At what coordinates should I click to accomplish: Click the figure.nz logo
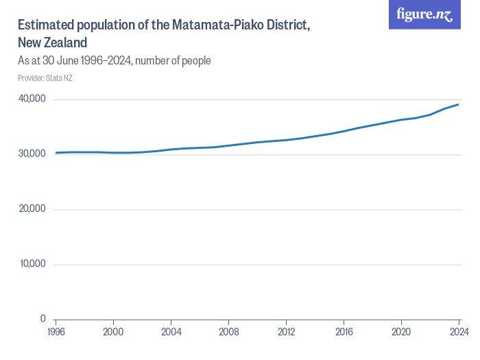pos(425,14)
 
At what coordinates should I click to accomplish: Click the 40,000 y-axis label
pos(32,99)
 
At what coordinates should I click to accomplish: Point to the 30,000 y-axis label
pos(32,154)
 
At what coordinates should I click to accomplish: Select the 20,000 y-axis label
pos(32,209)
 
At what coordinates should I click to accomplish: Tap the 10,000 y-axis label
pos(32,264)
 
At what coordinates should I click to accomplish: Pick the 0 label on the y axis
pos(42,319)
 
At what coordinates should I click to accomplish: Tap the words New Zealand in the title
pos(51,43)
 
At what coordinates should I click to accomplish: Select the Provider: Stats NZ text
pos(45,78)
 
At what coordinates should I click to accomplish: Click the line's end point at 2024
pos(459,104)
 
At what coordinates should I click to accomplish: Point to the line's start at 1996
pos(56,152)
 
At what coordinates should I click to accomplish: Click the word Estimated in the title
pos(46,25)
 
